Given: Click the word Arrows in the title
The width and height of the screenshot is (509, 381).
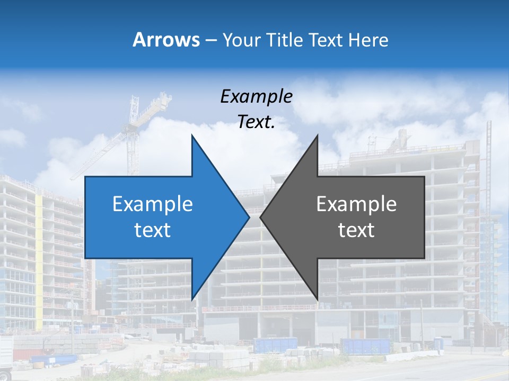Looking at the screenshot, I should [166, 40].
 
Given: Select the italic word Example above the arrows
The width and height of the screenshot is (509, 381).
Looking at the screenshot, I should [256, 97].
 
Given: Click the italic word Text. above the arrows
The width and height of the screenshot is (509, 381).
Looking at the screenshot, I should [256, 122].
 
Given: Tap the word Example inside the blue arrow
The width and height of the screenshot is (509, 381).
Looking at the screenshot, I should [153, 204].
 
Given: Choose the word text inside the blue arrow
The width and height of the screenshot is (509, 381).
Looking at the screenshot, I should [153, 230].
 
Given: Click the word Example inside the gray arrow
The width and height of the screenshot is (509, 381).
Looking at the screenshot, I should [356, 204].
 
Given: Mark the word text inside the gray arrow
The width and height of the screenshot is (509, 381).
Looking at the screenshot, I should [356, 230].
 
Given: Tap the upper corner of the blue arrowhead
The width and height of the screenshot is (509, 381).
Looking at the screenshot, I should [192, 135].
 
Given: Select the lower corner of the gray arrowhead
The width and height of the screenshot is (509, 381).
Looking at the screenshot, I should [317, 299].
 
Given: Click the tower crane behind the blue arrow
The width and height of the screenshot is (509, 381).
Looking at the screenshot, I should [130, 132].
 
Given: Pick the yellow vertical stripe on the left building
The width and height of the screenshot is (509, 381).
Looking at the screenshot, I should [39, 265].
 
